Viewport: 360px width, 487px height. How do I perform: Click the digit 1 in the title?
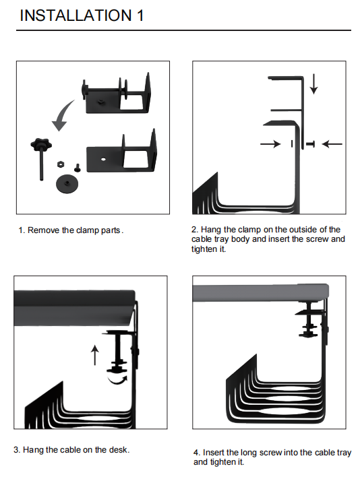click(x=140, y=15)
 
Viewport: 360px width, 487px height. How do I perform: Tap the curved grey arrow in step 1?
click(x=63, y=116)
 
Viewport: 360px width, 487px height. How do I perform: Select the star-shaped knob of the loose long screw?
click(x=41, y=143)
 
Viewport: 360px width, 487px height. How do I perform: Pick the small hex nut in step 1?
click(x=61, y=164)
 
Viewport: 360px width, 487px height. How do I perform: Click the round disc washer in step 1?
click(x=67, y=184)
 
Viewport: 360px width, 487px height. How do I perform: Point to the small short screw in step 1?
click(x=77, y=168)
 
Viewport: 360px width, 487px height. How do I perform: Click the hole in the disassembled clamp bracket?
click(x=103, y=160)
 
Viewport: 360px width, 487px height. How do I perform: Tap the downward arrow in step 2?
click(x=314, y=84)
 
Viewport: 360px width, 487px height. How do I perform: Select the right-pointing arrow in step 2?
click(x=270, y=143)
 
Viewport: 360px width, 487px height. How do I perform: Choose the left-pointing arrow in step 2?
click(x=332, y=143)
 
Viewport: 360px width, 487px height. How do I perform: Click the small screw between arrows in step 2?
click(x=310, y=143)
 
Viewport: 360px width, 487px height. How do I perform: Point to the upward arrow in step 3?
click(x=95, y=355)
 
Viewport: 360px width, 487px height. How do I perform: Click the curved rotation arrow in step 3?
click(x=117, y=379)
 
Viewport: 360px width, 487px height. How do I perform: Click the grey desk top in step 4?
click(x=260, y=292)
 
